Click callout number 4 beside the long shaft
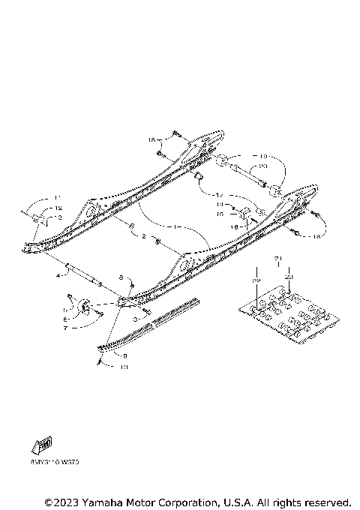tap(57, 276)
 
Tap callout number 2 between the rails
tap(143, 236)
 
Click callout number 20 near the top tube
tap(261, 166)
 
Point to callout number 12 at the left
tap(58, 208)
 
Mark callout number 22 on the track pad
tap(256, 279)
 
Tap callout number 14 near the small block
tap(220, 203)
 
